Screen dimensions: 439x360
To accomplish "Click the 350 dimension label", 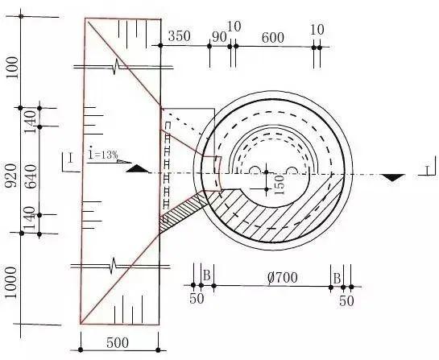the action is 179,35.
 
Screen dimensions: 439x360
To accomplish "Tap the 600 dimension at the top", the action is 273,38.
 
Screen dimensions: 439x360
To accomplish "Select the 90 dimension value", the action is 219,37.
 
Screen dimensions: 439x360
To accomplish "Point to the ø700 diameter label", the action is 282,277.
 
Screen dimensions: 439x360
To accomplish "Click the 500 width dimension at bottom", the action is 118,342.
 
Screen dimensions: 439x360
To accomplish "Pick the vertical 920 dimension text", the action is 12,176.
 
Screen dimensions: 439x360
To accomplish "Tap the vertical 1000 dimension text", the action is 11,283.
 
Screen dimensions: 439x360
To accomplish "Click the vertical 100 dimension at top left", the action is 12,68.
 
